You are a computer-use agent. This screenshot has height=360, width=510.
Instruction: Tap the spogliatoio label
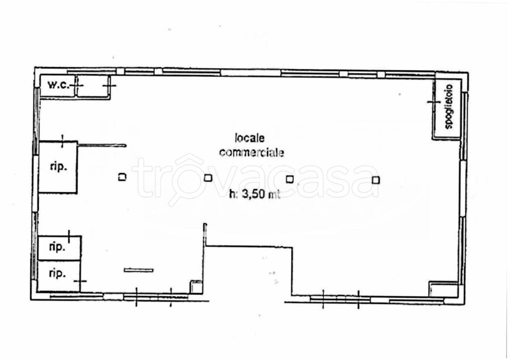click(449, 107)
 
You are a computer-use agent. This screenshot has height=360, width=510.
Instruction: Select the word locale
click(250, 138)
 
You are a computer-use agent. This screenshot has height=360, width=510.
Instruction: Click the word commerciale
click(252, 152)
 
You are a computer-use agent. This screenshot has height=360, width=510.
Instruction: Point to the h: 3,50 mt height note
click(255, 195)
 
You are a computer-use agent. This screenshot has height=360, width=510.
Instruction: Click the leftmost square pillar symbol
click(122, 177)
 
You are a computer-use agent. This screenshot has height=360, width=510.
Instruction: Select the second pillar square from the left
click(208, 178)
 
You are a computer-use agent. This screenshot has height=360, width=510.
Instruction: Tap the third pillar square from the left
click(289, 179)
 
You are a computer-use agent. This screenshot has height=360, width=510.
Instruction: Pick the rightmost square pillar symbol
click(376, 180)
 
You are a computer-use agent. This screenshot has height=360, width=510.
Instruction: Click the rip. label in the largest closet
click(59, 167)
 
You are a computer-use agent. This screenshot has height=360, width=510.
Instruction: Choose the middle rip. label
click(57, 247)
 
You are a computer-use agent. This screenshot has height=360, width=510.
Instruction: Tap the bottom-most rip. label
click(57, 273)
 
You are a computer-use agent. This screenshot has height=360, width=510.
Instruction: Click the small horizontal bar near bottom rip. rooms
click(138, 270)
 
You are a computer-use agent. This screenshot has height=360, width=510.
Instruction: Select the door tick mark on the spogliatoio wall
click(434, 102)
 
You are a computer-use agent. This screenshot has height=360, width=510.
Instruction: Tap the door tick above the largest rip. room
click(62, 141)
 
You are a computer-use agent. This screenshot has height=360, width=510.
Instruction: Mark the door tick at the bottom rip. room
click(80, 281)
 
